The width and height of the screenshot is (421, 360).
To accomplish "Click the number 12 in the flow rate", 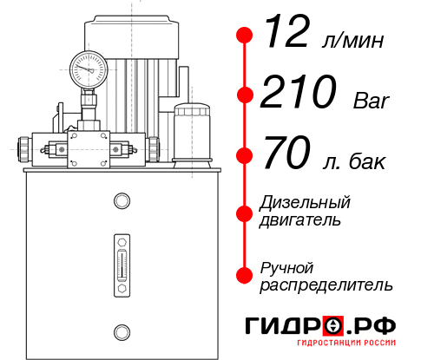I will click(286, 35).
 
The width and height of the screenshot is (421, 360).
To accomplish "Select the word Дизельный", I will click(305, 203).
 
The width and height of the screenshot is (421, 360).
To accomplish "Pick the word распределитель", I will click(326, 285).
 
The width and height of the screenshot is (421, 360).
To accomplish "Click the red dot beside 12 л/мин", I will click(245, 36).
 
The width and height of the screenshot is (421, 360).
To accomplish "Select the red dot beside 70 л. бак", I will click(245, 155).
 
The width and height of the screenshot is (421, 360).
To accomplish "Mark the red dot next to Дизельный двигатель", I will click(245, 211).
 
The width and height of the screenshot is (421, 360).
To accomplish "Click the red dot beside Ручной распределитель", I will click(245, 275).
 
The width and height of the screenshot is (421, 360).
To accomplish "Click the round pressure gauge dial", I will click(88, 68).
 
